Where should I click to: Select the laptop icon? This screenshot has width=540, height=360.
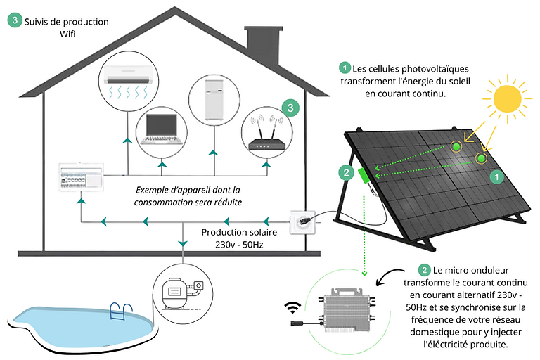click(x=163, y=128)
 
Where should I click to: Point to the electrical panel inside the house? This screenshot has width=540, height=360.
click(x=83, y=177)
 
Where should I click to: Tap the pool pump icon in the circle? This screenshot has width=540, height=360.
click(x=178, y=292)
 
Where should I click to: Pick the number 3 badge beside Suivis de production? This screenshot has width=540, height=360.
click(x=15, y=21)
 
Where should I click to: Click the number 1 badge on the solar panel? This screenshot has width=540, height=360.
click(x=496, y=178)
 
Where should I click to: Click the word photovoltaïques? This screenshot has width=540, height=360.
click(x=428, y=68)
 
